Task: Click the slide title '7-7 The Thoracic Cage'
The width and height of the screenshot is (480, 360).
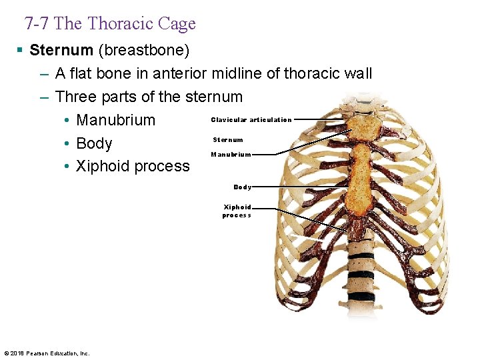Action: point(110,24)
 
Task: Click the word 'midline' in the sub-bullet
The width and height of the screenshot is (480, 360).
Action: point(235,73)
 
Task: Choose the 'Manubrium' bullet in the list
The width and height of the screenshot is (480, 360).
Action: point(115,120)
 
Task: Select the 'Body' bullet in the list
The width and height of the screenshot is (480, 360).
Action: point(94,143)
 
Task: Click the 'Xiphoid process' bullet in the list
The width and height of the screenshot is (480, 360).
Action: point(133,166)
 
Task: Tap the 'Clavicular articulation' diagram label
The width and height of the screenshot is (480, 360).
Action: point(251,120)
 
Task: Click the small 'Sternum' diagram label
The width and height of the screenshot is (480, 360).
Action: point(228,140)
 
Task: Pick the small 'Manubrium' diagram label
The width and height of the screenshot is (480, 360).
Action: point(231,155)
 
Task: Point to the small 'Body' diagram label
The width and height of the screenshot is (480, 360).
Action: point(242,187)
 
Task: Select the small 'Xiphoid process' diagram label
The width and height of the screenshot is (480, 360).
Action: point(237,211)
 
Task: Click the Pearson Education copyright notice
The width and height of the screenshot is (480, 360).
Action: point(47,353)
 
